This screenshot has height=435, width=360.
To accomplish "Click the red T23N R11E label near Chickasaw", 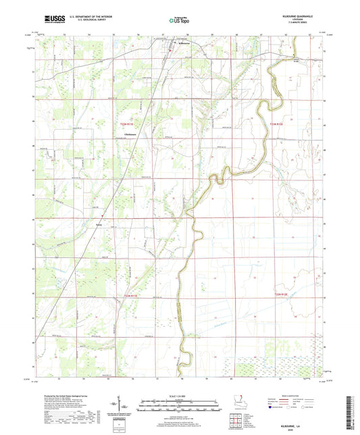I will (x=128, y=124).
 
